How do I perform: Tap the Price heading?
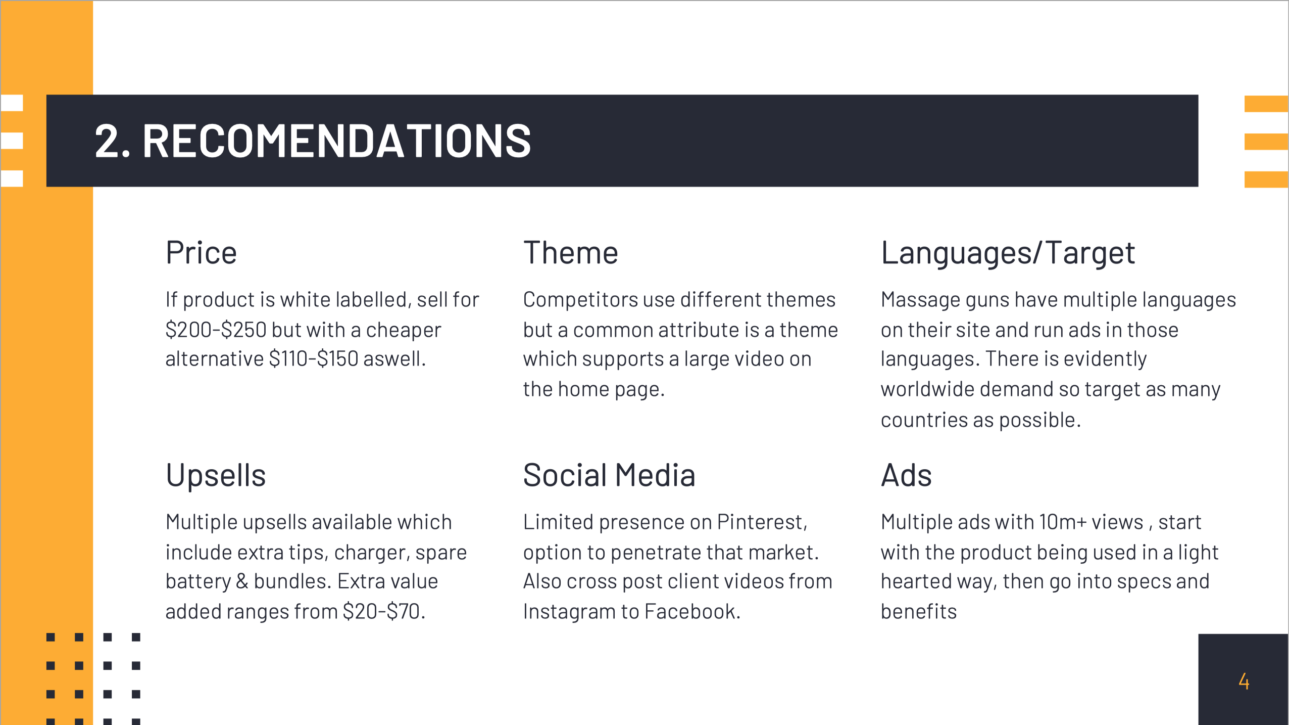pos(201,252)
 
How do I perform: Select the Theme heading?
pos(571,252)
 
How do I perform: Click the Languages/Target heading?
pos(1008,253)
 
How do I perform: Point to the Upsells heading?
pos(216,476)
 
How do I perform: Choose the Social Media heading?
pos(609,475)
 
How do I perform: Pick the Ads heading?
pos(906,475)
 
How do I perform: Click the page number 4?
pos(1244,681)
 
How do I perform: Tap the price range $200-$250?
pos(216,330)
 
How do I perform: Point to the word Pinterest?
pos(762,522)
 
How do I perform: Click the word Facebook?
pos(692,611)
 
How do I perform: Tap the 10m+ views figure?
pos(1091,522)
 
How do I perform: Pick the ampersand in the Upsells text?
pos(242,581)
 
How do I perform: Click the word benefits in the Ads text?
pos(919,611)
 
